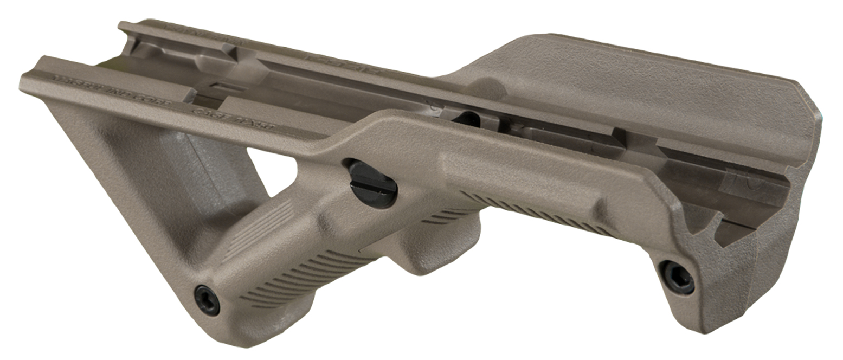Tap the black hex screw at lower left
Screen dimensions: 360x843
click(207, 300)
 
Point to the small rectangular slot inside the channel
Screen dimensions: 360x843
click(222, 87)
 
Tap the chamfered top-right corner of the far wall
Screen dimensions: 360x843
click(808, 98)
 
